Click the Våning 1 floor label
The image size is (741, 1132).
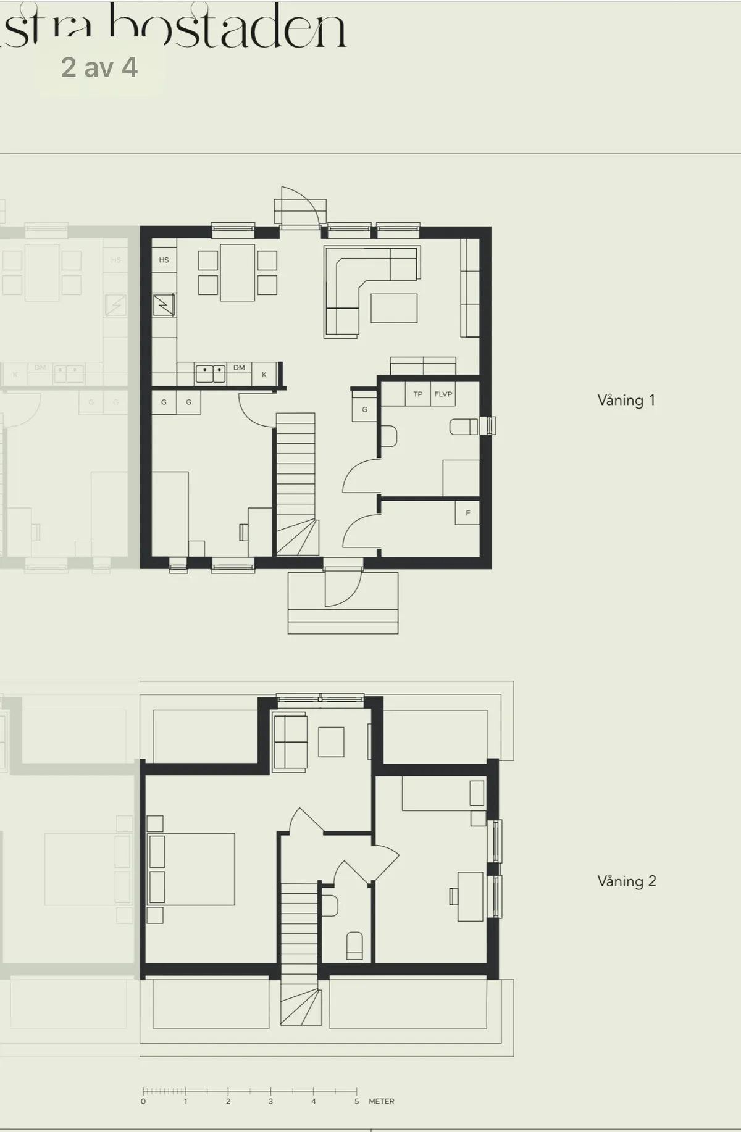coord(626,400)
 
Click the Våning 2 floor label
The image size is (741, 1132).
coord(626,881)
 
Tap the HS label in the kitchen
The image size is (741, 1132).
coord(164,260)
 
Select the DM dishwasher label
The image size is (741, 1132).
coord(239,367)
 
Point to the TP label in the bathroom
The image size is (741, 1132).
coord(418,394)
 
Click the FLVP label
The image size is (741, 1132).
coord(443,394)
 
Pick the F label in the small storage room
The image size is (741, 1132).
coord(467,513)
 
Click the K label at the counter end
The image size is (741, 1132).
coord(264,375)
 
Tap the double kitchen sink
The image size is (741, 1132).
coord(211,373)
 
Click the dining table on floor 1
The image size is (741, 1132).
coord(237,272)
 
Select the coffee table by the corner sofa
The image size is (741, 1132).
coord(393,308)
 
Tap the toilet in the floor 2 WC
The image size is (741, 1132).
coord(354,945)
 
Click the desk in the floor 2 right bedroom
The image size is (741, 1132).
coord(470,896)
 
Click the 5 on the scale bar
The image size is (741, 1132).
coord(356,1101)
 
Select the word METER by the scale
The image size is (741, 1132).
coord(381,1101)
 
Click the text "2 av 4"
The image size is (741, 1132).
coord(99,68)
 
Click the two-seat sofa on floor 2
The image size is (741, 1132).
coord(290,742)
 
